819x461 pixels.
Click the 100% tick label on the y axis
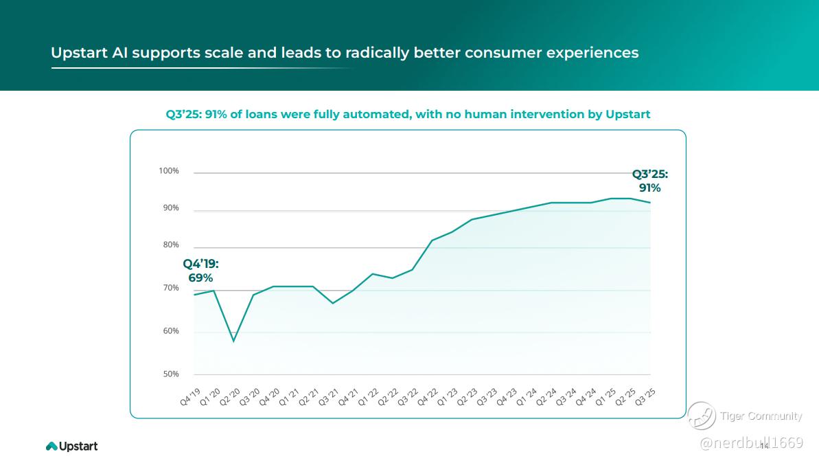(169, 171)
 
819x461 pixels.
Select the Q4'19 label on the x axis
(190, 397)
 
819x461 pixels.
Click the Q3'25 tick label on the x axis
(645, 397)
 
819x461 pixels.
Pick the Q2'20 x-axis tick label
(231, 397)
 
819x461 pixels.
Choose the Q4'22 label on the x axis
(427, 397)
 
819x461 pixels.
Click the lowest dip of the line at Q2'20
(233, 341)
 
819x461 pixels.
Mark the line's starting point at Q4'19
(194, 295)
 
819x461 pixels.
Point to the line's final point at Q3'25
(650, 203)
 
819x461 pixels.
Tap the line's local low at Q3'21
(332, 303)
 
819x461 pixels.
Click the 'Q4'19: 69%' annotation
(200, 271)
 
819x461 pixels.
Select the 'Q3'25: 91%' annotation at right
(649, 181)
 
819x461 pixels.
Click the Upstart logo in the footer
(72, 447)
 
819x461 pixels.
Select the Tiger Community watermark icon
(702, 416)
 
